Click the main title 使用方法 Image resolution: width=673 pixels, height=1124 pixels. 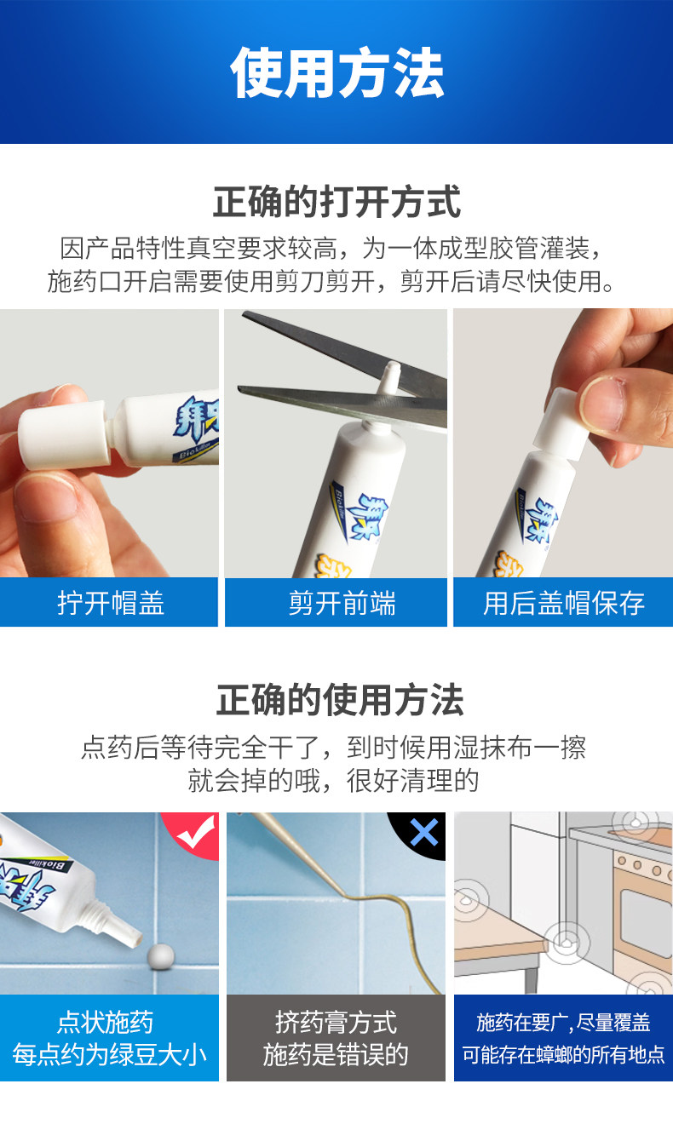pyautogui.click(x=336, y=72)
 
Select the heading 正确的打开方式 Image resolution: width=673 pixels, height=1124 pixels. pyautogui.click(x=336, y=202)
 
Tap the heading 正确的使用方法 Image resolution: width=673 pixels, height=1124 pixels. pyautogui.click(x=340, y=699)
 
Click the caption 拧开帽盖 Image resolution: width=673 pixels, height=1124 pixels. pyautogui.click(x=111, y=603)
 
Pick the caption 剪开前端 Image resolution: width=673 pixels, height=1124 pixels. pyautogui.click(x=342, y=603)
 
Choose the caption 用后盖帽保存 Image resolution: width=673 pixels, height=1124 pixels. pyautogui.click(x=564, y=603)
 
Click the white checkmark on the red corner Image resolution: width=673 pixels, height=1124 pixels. pyautogui.click(x=196, y=832)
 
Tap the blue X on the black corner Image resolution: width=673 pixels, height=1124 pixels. pyautogui.click(x=424, y=833)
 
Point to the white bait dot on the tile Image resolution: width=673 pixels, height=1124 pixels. pyautogui.click(x=161, y=957)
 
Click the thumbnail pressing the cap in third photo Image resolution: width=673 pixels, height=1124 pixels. pyautogui.click(x=602, y=404)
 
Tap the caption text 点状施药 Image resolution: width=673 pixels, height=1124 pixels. pyautogui.click(x=105, y=1022)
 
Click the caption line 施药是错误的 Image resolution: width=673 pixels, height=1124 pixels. pyautogui.click(x=336, y=1055)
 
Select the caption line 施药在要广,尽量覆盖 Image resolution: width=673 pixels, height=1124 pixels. pyautogui.click(x=564, y=1023)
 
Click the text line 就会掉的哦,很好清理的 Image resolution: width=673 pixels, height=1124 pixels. pyautogui.click(x=333, y=780)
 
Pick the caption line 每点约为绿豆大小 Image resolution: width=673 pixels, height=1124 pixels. pyautogui.click(x=109, y=1055)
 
